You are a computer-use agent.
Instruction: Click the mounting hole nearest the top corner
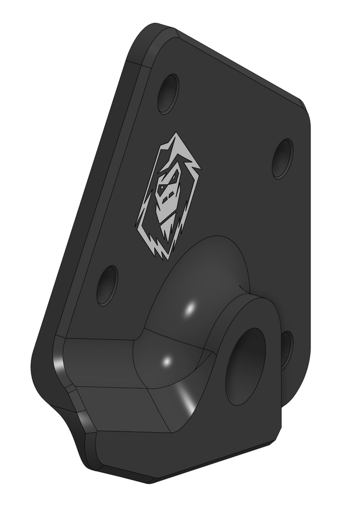[168, 94]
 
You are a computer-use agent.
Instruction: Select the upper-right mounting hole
[282, 159]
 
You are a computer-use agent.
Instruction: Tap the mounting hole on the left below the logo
[107, 285]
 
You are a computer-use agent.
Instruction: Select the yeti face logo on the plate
[168, 197]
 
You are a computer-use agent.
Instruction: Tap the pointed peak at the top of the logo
[175, 135]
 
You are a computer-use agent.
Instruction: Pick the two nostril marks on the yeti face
[168, 196]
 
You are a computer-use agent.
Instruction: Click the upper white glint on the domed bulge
[191, 309]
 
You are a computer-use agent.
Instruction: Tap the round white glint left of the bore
[167, 361]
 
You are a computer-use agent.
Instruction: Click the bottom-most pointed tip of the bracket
[151, 481]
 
